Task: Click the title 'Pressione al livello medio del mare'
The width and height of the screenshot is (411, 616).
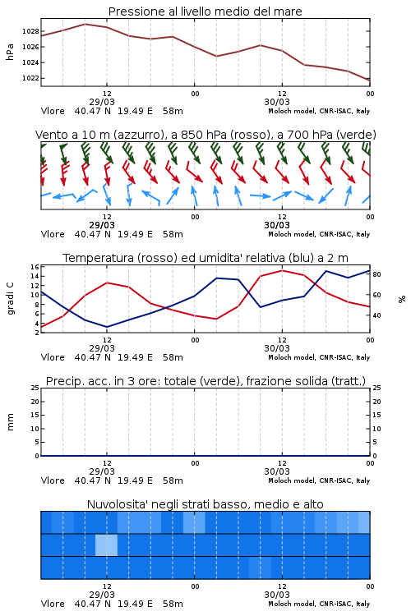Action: (x=205, y=11)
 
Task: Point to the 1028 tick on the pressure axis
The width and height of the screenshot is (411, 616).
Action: (x=30, y=31)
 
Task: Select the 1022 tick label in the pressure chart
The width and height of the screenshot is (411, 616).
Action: (x=30, y=78)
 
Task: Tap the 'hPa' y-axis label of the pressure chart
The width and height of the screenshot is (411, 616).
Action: (x=10, y=52)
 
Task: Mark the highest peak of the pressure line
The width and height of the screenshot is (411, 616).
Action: (x=85, y=24)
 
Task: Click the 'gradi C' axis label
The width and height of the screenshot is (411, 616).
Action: (x=10, y=299)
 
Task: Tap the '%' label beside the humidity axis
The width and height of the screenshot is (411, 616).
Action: (x=402, y=299)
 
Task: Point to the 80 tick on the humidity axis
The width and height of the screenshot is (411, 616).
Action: (x=376, y=274)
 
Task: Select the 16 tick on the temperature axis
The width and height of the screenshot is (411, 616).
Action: (x=35, y=267)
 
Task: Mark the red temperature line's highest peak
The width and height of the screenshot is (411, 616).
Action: (x=282, y=270)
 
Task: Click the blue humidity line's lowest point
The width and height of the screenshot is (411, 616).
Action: (x=107, y=327)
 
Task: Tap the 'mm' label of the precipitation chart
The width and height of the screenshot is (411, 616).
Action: (x=10, y=422)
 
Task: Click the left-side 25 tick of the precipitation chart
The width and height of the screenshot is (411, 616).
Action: (x=35, y=388)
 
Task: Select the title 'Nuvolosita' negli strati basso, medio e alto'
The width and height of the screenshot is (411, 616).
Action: (x=205, y=504)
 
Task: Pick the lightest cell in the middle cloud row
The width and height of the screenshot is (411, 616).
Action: (x=106, y=545)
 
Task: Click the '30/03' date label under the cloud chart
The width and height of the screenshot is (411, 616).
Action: (x=277, y=595)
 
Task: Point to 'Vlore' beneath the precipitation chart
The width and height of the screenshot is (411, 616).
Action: (x=53, y=480)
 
